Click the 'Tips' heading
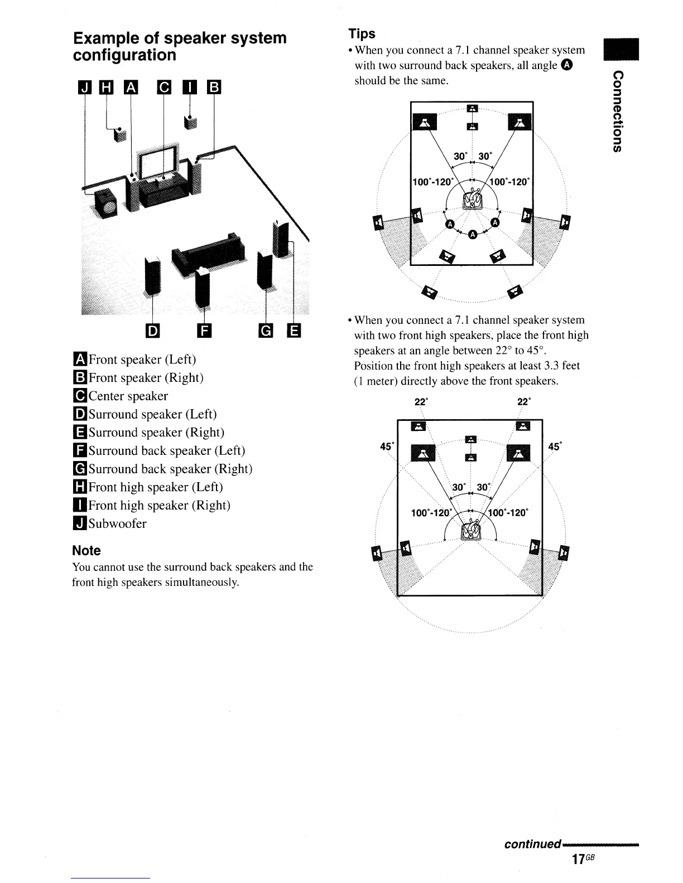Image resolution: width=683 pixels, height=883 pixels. click(x=362, y=33)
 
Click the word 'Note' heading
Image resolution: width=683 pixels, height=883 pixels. click(x=86, y=551)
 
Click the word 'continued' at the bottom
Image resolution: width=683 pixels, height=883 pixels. click(x=532, y=843)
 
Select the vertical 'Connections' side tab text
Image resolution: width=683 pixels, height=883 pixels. click(x=616, y=111)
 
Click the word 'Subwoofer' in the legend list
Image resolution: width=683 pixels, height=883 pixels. click(x=117, y=523)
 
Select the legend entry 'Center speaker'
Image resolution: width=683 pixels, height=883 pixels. click(x=128, y=396)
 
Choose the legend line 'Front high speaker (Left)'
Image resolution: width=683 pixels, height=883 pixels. click(x=155, y=487)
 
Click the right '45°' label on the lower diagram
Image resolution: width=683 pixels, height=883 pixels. click(x=555, y=447)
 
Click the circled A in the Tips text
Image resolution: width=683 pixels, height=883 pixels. click(x=567, y=65)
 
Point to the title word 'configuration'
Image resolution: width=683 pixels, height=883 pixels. click(x=124, y=55)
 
